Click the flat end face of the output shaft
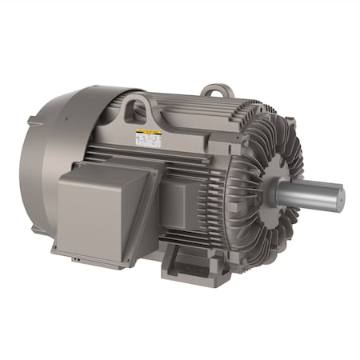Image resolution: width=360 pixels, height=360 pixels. (337, 194)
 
